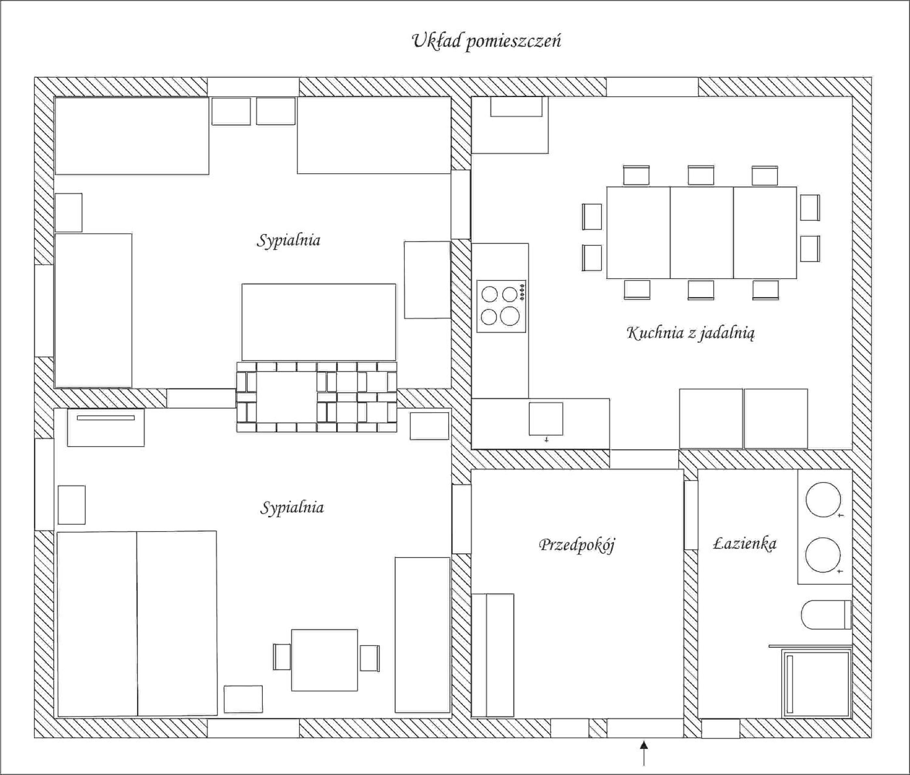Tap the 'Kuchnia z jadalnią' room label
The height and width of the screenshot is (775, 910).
click(690, 333)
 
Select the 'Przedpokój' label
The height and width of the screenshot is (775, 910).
click(577, 545)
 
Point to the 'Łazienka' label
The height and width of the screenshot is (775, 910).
click(744, 543)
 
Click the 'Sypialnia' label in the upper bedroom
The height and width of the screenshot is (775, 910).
click(289, 241)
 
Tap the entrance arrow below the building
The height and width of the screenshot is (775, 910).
click(644, 753)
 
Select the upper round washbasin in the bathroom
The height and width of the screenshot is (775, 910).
click(823, 500)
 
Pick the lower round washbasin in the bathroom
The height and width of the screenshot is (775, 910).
click(823, 555)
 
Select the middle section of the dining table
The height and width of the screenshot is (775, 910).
click(702, 233)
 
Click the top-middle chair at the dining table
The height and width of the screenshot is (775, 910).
click(701, 175)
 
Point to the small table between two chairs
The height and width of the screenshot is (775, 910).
click(325, 660)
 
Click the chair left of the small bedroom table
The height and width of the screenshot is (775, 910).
click(282, 657)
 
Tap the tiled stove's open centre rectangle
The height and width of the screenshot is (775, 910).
click(286, 397)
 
